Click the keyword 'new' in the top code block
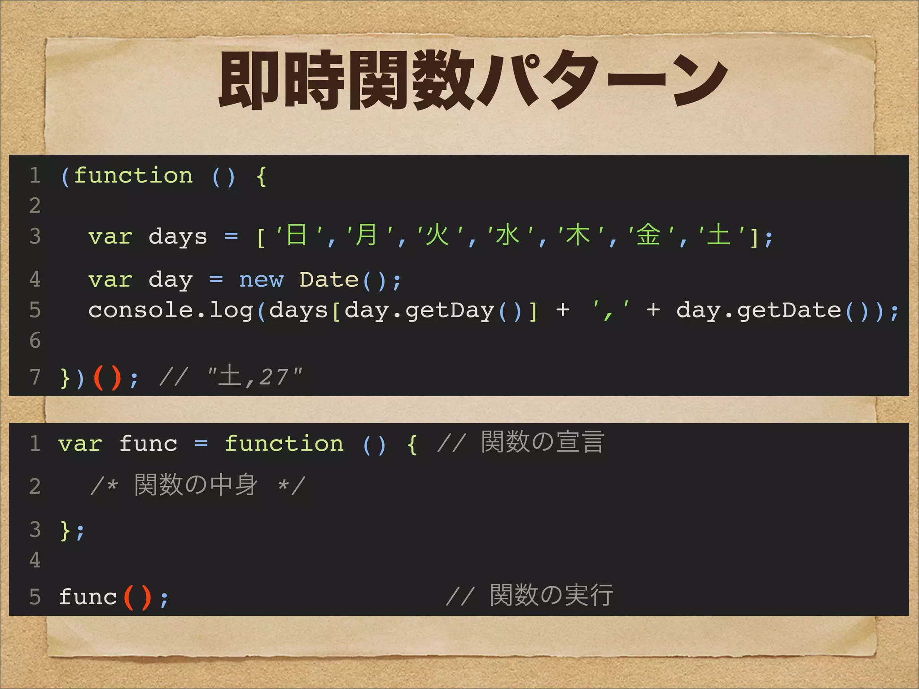click(x=261, y=280)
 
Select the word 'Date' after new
click(x=329, y=280)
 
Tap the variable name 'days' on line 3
click(x=178, y=237)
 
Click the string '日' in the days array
click(x=297, y=235)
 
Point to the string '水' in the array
click(x=508, y=235)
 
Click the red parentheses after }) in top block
click(x=108, y=378)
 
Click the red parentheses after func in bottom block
click(x=137, y=597)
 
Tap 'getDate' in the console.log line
click(x=789, y=310)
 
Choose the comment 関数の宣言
click(x=543, y=442)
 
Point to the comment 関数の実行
click(x=551, y=596)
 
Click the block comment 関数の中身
click(x=196, y=485)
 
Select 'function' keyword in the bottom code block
click(x=284, y=444)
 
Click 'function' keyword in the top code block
click(x=133, y=175)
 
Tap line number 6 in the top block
click(x=35, y=340)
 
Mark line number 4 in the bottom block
click(x=35, y=560)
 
